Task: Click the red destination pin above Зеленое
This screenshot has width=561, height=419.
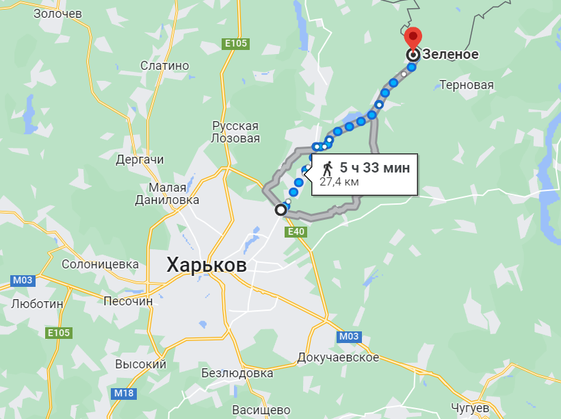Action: pos(413,37)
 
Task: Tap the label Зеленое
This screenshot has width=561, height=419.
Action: pos(451,54)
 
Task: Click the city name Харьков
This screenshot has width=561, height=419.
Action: pos(207,265)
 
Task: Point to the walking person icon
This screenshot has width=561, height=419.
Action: pos(328,168)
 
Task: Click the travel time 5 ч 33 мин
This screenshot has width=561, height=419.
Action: pos(375,168)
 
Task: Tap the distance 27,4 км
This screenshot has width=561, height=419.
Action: pos(339,182)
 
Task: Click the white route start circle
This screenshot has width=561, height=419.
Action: pos(280,210)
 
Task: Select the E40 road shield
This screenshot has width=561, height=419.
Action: pos(296,232)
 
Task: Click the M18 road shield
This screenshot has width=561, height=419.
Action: pos(125,393)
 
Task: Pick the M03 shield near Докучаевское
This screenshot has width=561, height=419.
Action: pos(349,336)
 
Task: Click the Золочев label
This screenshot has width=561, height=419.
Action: pos(57,13)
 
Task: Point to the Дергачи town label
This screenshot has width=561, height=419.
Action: pos(140,160)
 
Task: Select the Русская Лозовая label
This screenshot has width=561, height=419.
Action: pos(236,132)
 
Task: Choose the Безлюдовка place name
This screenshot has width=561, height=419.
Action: pos(237,373)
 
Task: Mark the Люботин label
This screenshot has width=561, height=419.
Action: pos(37,303)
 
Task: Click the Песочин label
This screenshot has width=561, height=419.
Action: pos(128,301)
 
